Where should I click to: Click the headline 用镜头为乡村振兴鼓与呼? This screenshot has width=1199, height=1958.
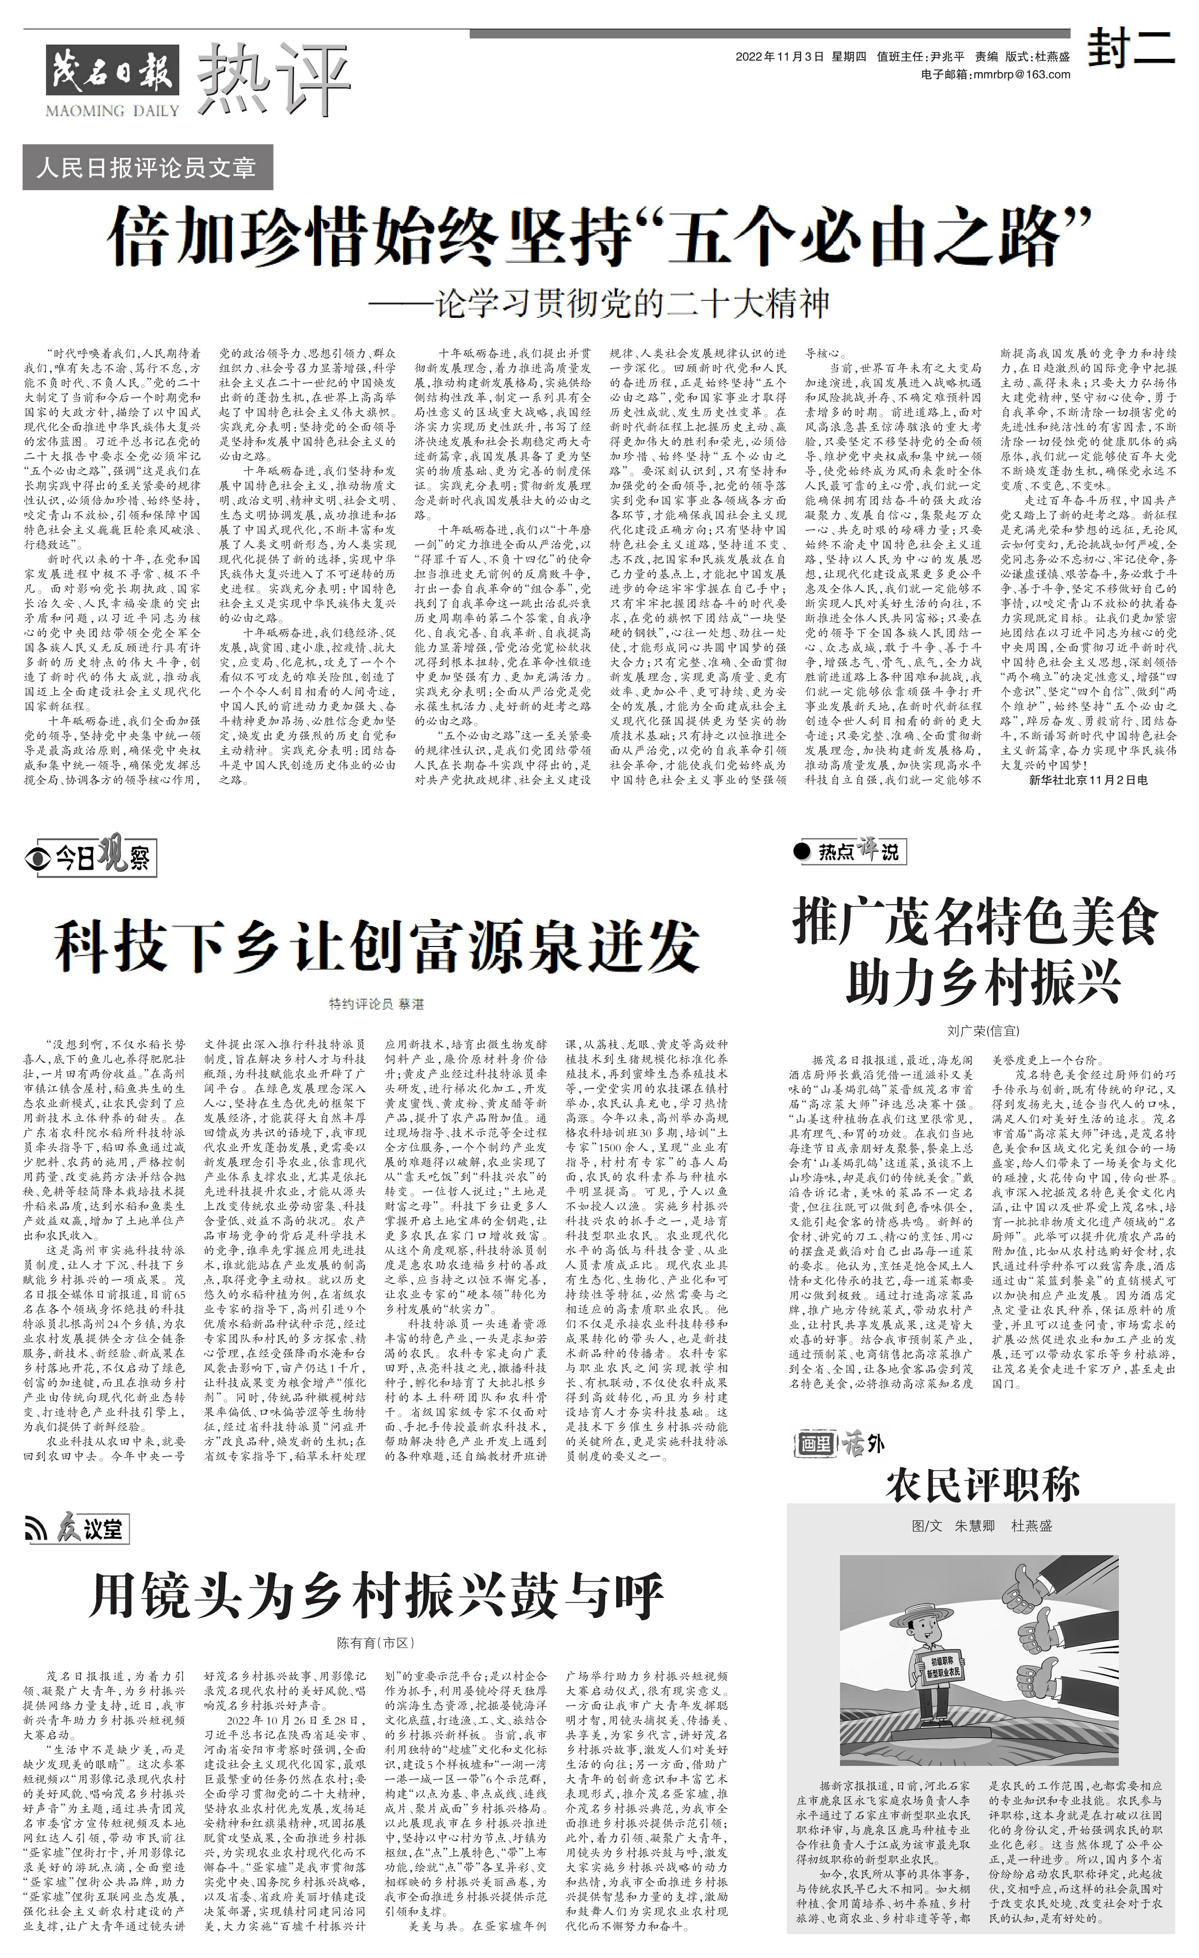(x=377, y=1596)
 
